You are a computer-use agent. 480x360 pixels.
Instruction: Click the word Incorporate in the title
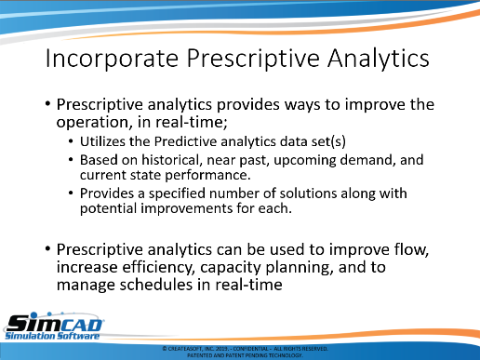click(x=112, y=59)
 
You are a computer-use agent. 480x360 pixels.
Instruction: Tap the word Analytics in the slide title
click(x=379, y=59)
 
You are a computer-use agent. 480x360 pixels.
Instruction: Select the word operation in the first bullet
click(x=93, y=123)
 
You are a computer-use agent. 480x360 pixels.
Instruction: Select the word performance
click(x=207, y=176)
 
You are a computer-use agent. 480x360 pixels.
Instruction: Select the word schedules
click(x=156, y=285)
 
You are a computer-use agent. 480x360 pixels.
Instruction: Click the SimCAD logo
click(x=54, y=327)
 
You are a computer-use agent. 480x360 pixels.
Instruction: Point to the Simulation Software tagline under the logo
click(x=52, y=336)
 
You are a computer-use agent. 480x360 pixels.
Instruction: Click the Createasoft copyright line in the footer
click(x=245, y=349)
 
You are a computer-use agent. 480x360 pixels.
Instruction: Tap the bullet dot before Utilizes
click(x=71, y=141)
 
